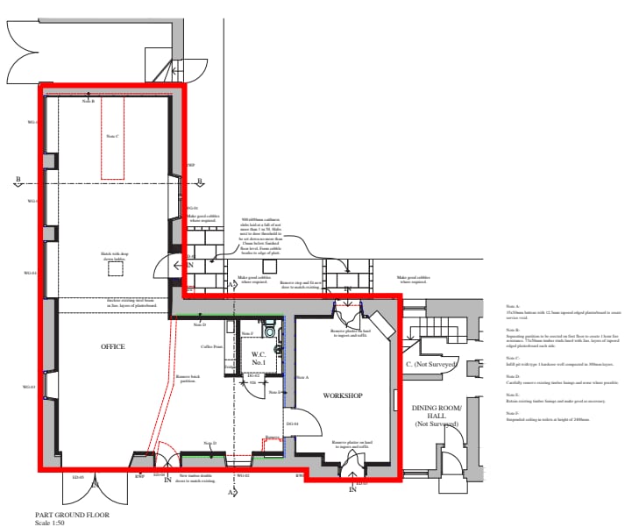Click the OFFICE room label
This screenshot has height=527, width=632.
point(113,347)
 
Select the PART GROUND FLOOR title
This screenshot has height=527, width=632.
point(72,515)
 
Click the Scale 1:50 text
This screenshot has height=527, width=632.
point(51,523)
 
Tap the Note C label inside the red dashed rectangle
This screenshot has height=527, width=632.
point(112,136)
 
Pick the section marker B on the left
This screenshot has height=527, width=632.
point(17,182)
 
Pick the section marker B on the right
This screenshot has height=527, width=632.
point(200,182)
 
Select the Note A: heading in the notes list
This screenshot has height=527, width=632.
point(511,305)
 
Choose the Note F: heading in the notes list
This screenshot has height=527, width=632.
point(511,412)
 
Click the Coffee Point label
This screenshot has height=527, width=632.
point(212,347)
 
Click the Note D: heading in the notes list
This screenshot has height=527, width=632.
point(511,375)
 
